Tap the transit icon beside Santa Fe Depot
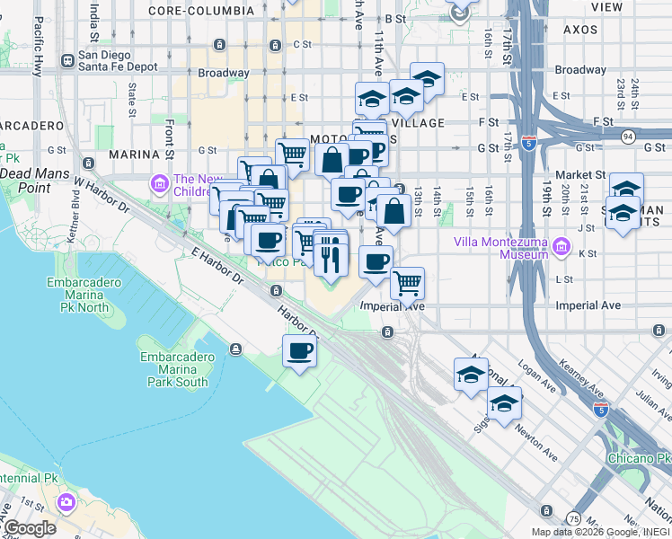[x=66, y=61]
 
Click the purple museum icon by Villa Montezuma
[x=561, y=246]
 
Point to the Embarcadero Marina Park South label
[x=174, y=369]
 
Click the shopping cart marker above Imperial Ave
[x=408, y=284]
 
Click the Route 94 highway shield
[x=628, y=136]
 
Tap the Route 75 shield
[x=573, y=518]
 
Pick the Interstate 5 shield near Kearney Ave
[x=599, y=411]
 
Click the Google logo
[x=30, y=527]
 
